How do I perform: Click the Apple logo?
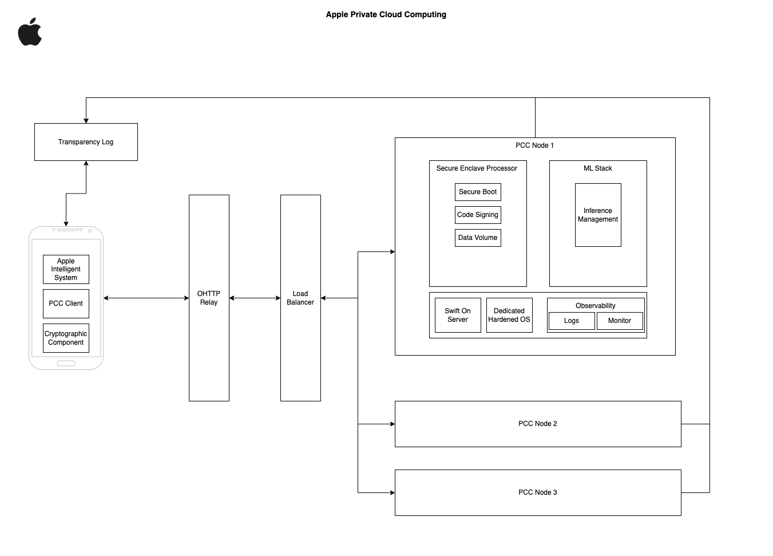pos(30,33)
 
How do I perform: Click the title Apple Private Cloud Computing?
pos(386,14)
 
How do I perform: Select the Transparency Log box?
pos(86,142)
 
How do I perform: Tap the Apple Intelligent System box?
pos(66,269)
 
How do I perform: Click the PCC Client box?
pos(66,303)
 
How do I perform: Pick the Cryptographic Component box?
pos(66,338)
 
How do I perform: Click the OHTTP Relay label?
pos(209,298)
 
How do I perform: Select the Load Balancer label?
pos(300,298)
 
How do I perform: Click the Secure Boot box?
pos(478,192)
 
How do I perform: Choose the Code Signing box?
pos(478,215)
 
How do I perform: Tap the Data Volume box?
pos(478,238)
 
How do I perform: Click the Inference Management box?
pos(598,215)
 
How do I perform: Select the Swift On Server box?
pos(458,315)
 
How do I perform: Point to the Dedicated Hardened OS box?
pos(509,315)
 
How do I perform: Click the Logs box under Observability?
pos(572,321)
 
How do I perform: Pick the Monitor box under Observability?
pos(620,321)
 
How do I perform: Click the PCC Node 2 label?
pos(538,424)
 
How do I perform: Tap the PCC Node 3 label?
pos(538,492)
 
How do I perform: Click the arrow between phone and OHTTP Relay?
pos(146,298)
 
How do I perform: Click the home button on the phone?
pos(66,364)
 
